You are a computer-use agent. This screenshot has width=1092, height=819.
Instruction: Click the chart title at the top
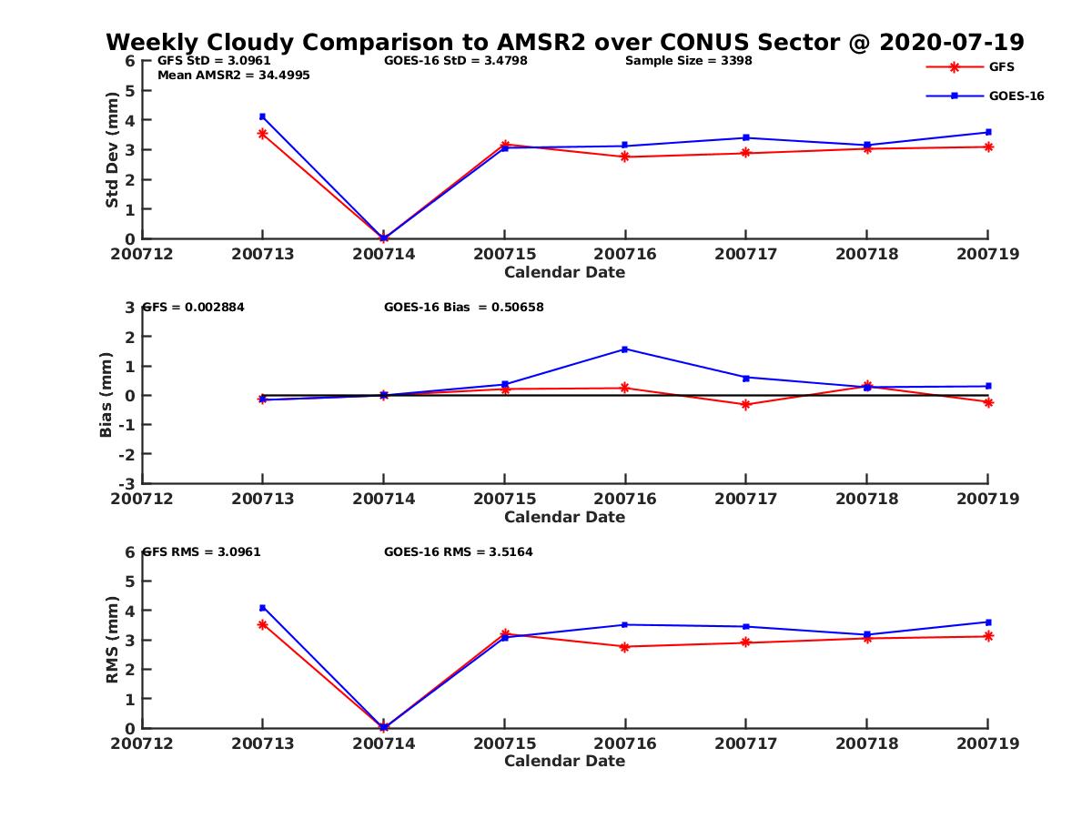point(564,42)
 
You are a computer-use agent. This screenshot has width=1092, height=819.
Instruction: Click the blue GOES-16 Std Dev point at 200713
point(262,116)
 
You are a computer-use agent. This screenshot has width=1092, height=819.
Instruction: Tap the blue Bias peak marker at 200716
point(625,349)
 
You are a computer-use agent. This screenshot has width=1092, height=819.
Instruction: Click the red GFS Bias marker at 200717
point(745,404)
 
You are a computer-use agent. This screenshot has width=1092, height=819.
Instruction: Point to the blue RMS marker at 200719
point(988,622)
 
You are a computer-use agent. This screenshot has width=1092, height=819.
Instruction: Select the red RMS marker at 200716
point(625,647)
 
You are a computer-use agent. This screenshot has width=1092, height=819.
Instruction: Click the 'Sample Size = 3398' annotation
point(688,61)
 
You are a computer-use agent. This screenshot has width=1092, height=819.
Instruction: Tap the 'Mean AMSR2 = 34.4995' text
point(233,76)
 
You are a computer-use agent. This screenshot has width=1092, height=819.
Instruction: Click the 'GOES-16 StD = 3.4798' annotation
point(455,61)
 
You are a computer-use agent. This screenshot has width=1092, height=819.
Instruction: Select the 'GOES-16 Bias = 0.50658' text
point(463,308)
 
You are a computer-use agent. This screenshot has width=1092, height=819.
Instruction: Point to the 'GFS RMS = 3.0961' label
point(202,551)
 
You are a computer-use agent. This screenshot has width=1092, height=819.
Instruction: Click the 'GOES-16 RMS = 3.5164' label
point(458,551)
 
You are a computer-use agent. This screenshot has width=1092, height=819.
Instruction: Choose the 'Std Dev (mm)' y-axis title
point(113,150)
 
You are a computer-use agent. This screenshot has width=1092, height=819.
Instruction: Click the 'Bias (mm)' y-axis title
point(106,395)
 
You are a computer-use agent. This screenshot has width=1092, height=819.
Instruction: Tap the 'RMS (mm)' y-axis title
point(113,640)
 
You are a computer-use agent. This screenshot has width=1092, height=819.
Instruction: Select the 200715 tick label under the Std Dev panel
point(504,254)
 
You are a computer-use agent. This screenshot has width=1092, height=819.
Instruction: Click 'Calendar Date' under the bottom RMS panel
point(564,761)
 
